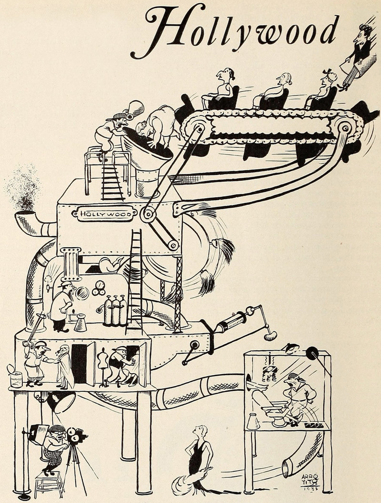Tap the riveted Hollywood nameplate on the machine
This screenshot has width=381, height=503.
(x=105, y=214)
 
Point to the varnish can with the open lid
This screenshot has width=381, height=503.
(x=16, y=378)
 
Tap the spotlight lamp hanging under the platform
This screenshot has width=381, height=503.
(x=60, y=402)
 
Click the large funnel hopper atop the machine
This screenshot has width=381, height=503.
(x=145, y=152)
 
